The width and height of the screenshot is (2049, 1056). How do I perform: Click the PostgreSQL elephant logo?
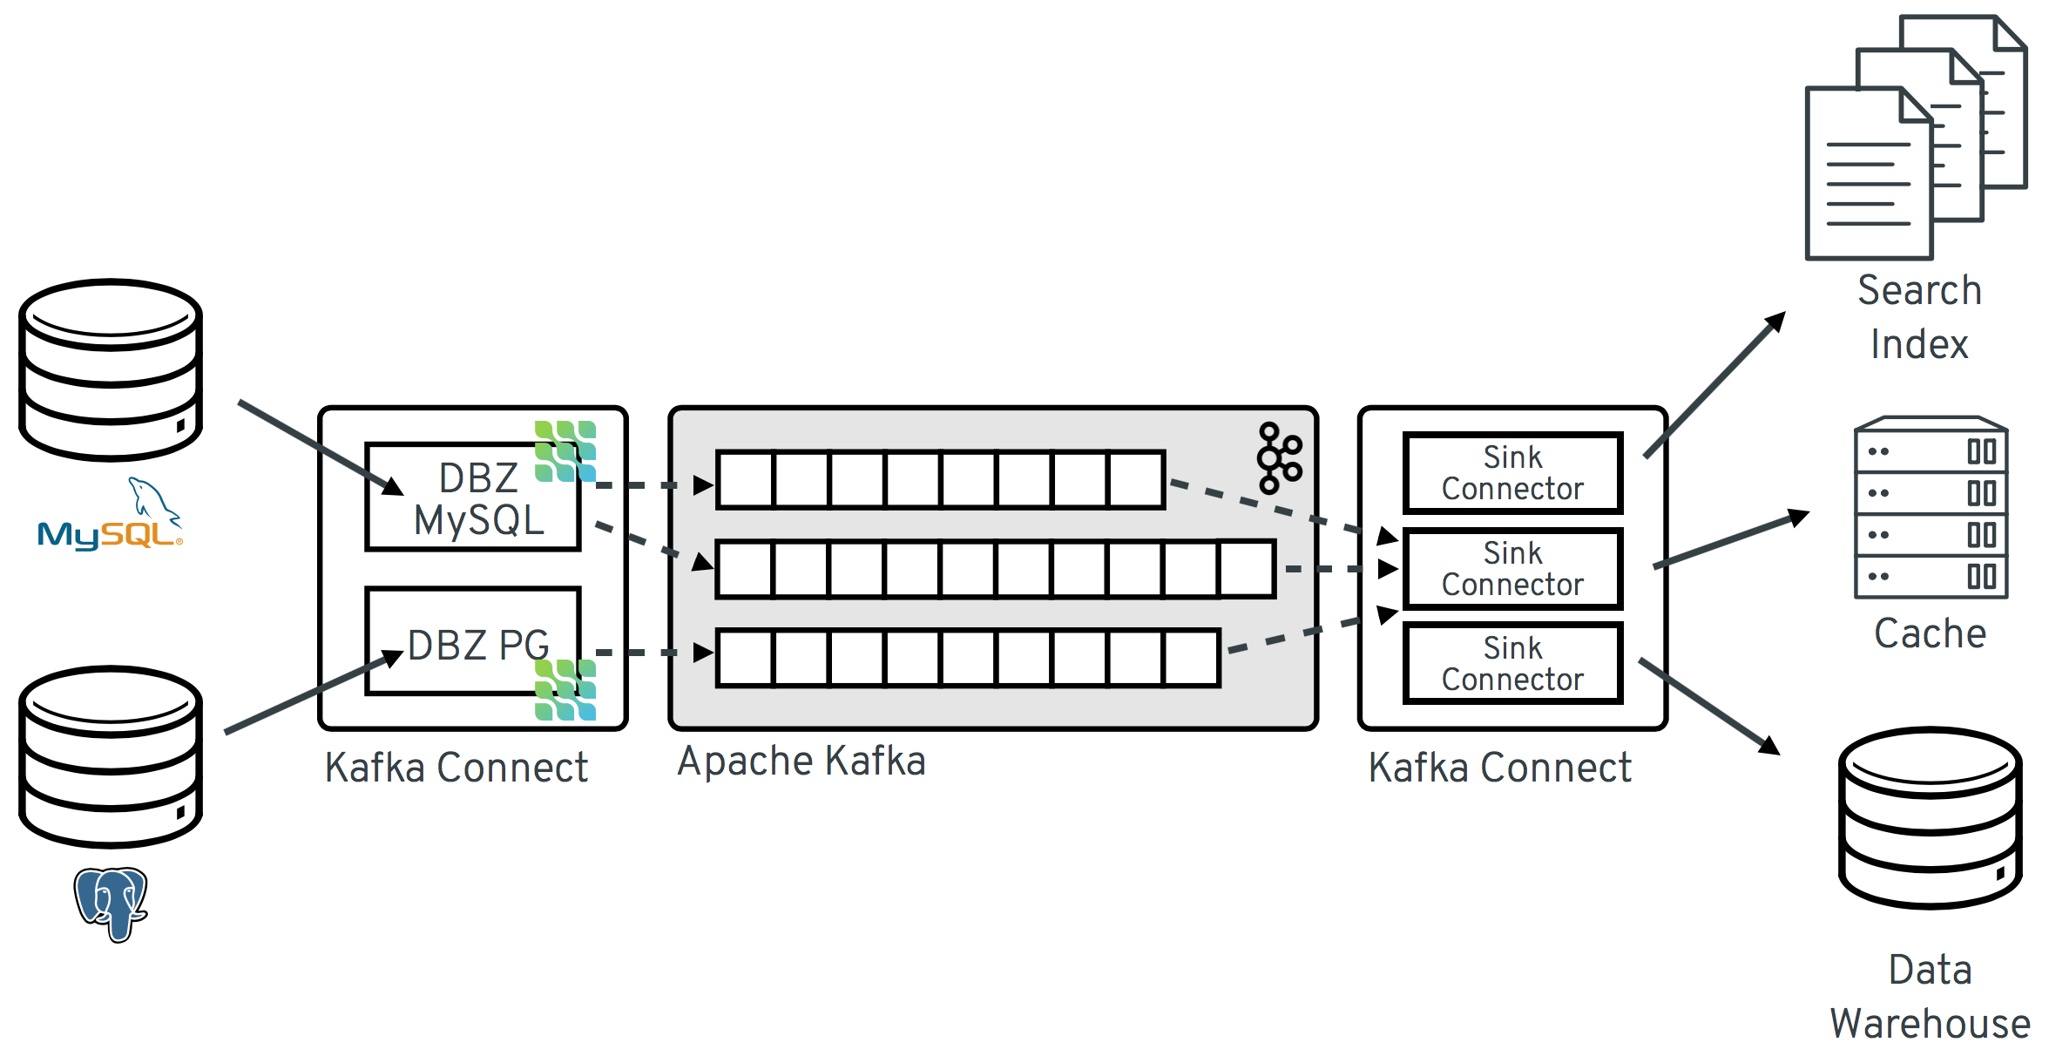coord(111,903)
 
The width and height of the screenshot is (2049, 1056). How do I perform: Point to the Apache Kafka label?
coord(801,761)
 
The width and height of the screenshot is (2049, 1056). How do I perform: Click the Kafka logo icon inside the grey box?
coord(1278,458)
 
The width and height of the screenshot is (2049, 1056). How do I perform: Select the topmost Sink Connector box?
coord(1512,473)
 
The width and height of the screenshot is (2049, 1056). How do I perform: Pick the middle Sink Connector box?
coord(1512,568)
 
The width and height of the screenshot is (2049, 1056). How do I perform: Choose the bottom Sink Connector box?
coord(1512,663)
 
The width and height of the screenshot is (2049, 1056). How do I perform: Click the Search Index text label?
coord(1919,317)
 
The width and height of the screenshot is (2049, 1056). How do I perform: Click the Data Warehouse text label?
coord(1930,997)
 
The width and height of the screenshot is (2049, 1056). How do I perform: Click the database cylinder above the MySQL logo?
coord(111,369)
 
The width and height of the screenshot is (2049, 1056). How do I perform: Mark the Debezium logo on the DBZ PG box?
coord(565,690)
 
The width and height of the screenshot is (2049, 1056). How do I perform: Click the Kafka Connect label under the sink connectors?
coord(1499,768)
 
